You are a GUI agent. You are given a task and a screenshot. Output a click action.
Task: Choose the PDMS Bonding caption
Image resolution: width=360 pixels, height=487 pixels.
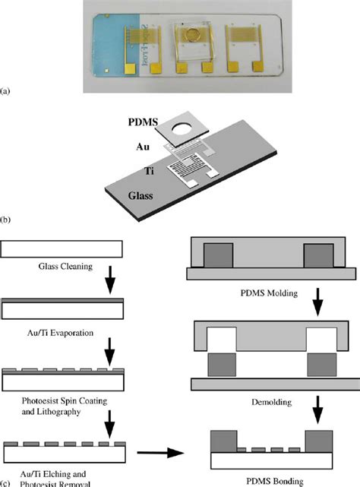coord(261,480)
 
